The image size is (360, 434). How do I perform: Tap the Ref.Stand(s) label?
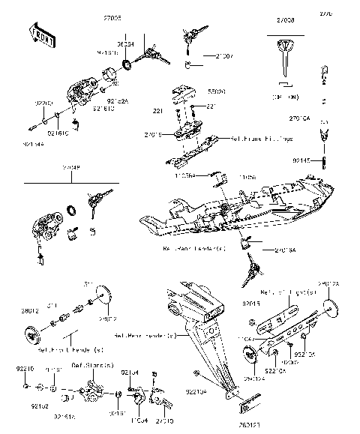coord(92,365)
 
